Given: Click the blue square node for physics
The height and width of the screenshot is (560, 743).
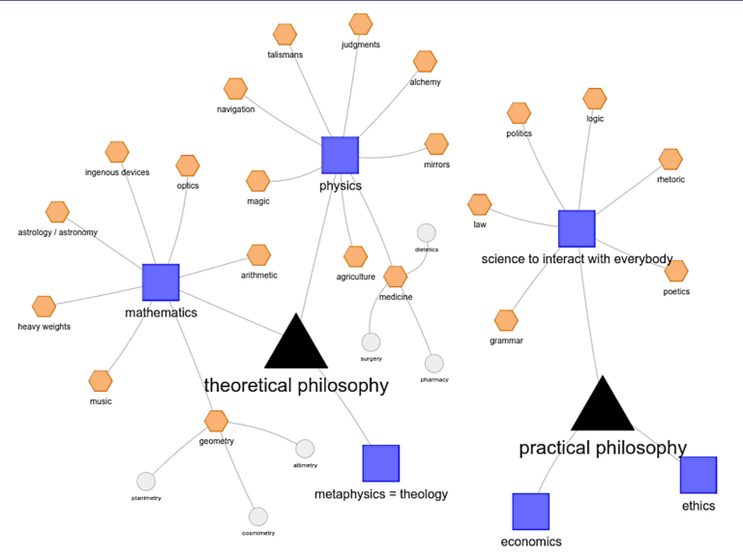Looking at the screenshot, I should click(340, 156).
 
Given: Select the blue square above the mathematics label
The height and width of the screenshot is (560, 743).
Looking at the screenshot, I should click(161, 281).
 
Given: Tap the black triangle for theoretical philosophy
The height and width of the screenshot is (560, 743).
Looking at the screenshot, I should click(295, 341).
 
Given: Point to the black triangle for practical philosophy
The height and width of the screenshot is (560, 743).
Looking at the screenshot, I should click(602, 405).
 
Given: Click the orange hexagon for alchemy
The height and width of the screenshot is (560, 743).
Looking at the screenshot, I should click(425, 62).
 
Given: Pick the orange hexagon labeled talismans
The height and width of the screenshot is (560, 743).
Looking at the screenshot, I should click(284, 35).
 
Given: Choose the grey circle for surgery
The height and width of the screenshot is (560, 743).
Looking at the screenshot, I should click(371, 341).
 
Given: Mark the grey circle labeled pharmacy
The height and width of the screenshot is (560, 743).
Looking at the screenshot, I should click(434, 363).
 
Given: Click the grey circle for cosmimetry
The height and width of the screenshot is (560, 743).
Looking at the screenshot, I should click(257, 516).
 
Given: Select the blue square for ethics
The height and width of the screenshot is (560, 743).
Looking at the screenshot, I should click(698, 475).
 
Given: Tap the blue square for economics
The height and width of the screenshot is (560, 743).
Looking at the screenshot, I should click(530, 512).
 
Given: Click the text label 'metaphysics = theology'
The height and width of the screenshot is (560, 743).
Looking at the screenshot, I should click(381, 495).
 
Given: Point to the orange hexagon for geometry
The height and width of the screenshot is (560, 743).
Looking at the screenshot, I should click(217, 421).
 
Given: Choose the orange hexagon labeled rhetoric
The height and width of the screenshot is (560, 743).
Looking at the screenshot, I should click(670, 159).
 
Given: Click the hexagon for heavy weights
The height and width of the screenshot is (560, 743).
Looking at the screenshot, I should click(45, 307).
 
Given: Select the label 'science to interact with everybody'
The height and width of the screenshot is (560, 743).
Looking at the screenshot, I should click(577, 259).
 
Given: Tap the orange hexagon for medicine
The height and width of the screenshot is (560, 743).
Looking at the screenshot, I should click(395, 277).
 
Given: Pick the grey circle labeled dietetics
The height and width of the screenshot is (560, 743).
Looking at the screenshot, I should click(426, 232).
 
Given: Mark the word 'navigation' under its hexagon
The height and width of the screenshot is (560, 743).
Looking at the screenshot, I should click(235, 109).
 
